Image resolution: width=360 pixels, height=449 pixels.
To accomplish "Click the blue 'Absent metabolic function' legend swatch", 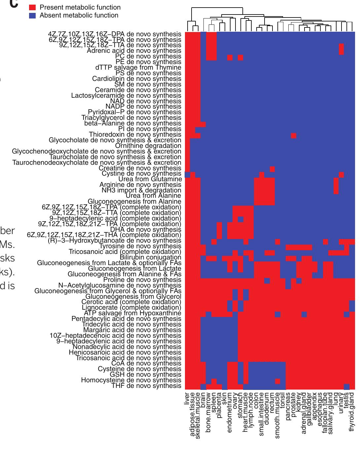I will (x=32, y=16).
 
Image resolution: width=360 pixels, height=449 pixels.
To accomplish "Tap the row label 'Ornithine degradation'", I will (x=148, y=146).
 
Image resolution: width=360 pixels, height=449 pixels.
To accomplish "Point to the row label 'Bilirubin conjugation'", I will (x=150, y=258).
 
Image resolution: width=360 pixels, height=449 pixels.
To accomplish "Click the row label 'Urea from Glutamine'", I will (x=150, y=179).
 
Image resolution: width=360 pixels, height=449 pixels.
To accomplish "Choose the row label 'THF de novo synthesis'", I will (x=146, y=386).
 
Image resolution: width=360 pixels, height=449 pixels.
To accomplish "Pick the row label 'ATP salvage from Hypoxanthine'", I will (x=132, y=313).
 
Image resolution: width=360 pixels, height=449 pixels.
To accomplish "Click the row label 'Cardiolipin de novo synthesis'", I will (x=136, y=79).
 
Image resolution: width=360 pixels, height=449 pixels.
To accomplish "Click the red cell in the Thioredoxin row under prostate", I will (x=294, y=136).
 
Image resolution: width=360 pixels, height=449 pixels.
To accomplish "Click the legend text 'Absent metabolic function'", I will (x=79, y=16).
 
